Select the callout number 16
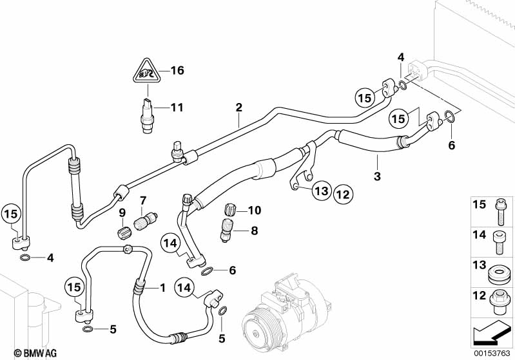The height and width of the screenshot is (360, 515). [x=177, y=70]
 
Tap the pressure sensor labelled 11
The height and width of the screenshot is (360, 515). [x=148, y=115]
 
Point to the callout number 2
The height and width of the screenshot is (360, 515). [x=238, y=108]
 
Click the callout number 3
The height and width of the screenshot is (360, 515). [x=377, y=176]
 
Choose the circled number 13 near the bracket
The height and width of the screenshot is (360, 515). [x=322, y=191]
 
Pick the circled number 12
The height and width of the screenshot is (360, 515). [x=343, y=195]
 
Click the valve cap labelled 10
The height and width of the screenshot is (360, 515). [x=229, y=209]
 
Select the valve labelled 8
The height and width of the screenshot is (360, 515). [x=227, y=231]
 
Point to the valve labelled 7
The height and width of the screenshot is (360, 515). [x=146, y=222]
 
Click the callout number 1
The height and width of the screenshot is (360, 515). [x=162, y=288]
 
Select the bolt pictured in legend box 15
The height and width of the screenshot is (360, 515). [x=500, y=212]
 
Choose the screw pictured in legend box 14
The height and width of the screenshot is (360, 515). [x=500, y=243]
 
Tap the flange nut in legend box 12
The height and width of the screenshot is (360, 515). [x=500, y=301]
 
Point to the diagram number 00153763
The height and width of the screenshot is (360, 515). [x=492, y=353]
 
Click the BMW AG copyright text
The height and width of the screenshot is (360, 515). [x=35, y=353]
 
